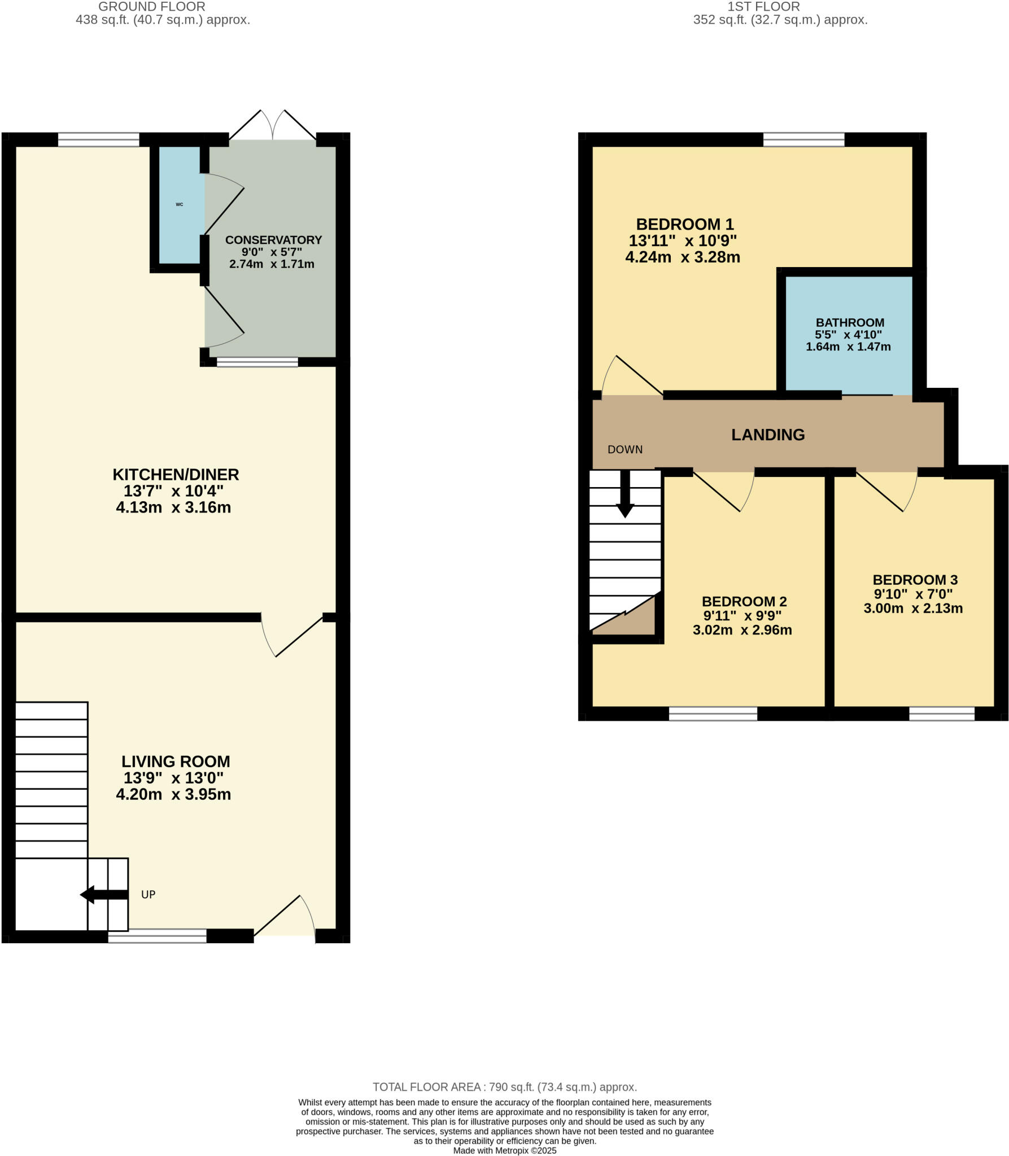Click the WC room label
click(x=180, y=204)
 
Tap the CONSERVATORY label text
click(x=273, y=240)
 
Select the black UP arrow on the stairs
click(x=104, y=894)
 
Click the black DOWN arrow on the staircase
click(x=625, y=494)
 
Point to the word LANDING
click(x=767, y=435)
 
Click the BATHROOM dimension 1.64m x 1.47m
click(x=848, y=347)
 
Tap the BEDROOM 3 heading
click(x=915, y=580)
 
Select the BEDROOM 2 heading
click(x=744, y=601)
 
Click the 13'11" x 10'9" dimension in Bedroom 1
click(x=683, y=241)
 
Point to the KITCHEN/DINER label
click(x=176, y=474)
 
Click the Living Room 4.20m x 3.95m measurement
click(x=173, y=794)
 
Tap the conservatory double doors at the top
click(x=273, y=125)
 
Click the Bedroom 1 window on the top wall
click(x=803, y=139)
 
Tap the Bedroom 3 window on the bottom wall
click(x=941, y=713)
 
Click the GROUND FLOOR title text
click(x=152, y=7)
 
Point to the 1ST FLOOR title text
click(x=763, y=7)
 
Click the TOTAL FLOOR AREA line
click(x=504, y=1087)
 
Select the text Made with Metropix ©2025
click(x=504, y=1150)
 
